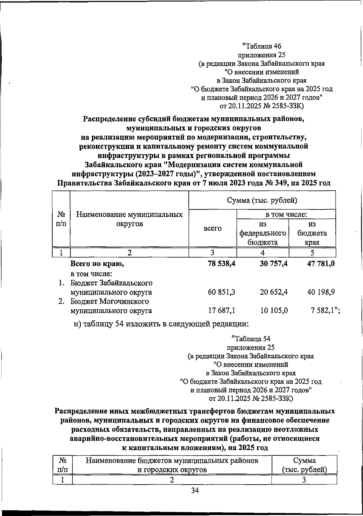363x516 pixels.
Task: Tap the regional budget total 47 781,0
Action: click(320, 264)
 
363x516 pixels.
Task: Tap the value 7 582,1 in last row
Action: click(322, 311)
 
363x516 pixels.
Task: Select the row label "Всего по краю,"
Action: click(97, 264)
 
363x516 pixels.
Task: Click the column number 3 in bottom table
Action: click(304, 480)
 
